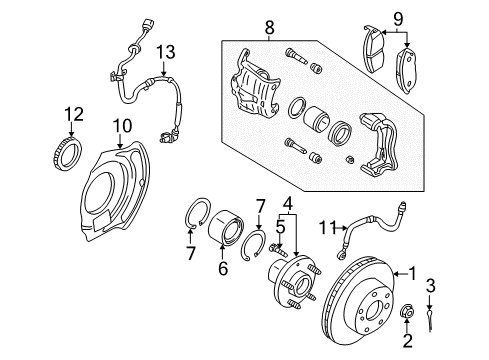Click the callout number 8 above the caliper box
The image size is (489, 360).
coord(269,27)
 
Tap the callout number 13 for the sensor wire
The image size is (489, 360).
coord(166,53)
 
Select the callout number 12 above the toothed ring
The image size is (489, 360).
coord(74,114)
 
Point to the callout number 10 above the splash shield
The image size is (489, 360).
coord(122,126)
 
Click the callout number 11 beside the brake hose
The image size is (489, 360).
coord(327,228)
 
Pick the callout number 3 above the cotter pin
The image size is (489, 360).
coord(430,286)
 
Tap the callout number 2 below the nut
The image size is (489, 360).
coord(407,341)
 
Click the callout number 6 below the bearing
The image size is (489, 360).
coord(223,268)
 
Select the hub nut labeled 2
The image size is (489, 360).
coord(407,311)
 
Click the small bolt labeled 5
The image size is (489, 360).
coord(278,249)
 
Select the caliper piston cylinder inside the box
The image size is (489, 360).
coord(316,118)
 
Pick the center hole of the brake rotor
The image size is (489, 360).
coord(376,311)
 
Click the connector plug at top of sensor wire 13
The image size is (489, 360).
coord(147,25)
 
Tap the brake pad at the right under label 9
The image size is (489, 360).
coord(407,70)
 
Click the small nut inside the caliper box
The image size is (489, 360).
coord(350,159)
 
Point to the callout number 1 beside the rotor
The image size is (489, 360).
coord(413,274)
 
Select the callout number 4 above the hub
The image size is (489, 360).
coord(288,203)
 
